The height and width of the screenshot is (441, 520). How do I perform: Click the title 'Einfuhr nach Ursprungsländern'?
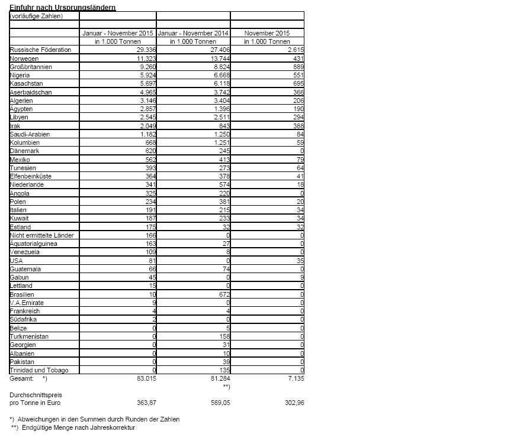point(62,7)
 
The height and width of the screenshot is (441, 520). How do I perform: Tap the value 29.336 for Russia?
point(143,50)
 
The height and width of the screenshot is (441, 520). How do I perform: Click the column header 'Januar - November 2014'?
point(193,34)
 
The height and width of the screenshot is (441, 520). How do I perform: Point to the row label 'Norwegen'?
point(25,59)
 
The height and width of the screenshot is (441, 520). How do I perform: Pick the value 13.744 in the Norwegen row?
point(217,59)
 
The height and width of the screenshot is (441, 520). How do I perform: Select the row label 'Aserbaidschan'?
point(31,93)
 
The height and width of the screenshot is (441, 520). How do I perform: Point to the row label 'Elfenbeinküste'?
point(30,176)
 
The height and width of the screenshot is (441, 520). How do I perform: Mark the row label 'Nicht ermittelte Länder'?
point(41,235)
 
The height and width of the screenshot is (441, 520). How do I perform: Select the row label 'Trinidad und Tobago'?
point(38,371)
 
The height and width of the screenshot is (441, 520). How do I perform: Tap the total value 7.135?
point(294,378)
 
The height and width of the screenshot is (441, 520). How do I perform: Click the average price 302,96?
point(291,403)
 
